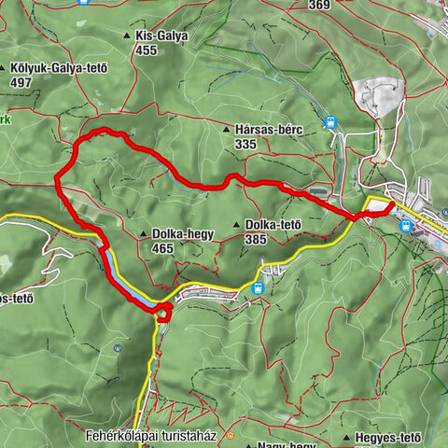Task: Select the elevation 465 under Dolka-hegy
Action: coord(162,249)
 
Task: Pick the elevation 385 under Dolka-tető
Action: coord(256,239)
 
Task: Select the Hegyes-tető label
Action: coord(387,438)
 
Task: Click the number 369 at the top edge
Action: coord(319,5)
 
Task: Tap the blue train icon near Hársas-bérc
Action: coord(329,122)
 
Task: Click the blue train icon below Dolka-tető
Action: coord(257,288)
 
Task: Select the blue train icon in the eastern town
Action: coord(405,225)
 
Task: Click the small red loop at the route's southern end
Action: coord(163,312)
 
